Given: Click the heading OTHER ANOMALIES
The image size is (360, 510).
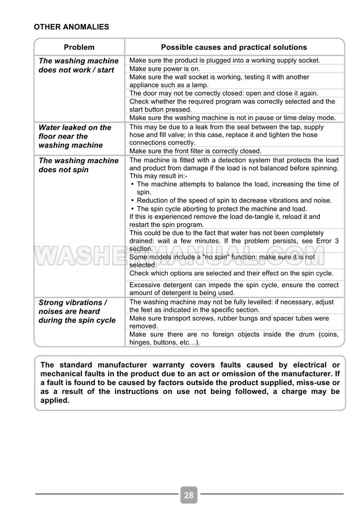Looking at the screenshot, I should point(71,27).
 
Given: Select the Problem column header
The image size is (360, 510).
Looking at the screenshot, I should point(79,48).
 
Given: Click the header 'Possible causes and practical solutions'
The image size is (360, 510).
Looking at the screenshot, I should point(233,48).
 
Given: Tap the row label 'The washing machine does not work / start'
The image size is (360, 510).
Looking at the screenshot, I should point(78,65).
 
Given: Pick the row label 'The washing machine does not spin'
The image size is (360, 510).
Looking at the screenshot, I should point(78,165).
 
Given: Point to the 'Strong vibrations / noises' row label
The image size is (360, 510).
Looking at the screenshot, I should point(77,311).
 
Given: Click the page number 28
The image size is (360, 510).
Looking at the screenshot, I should point(189,495).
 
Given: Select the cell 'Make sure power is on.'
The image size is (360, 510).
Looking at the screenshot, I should point(164,69).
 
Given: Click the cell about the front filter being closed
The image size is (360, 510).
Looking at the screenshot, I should point(195,151).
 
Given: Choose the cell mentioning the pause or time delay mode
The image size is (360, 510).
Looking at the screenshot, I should point(232,118).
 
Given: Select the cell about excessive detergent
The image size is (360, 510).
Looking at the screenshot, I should point(234,289).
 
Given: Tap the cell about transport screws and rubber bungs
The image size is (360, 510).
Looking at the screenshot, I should point(229,322).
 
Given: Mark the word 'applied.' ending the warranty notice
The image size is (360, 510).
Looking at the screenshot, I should point(55,400).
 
